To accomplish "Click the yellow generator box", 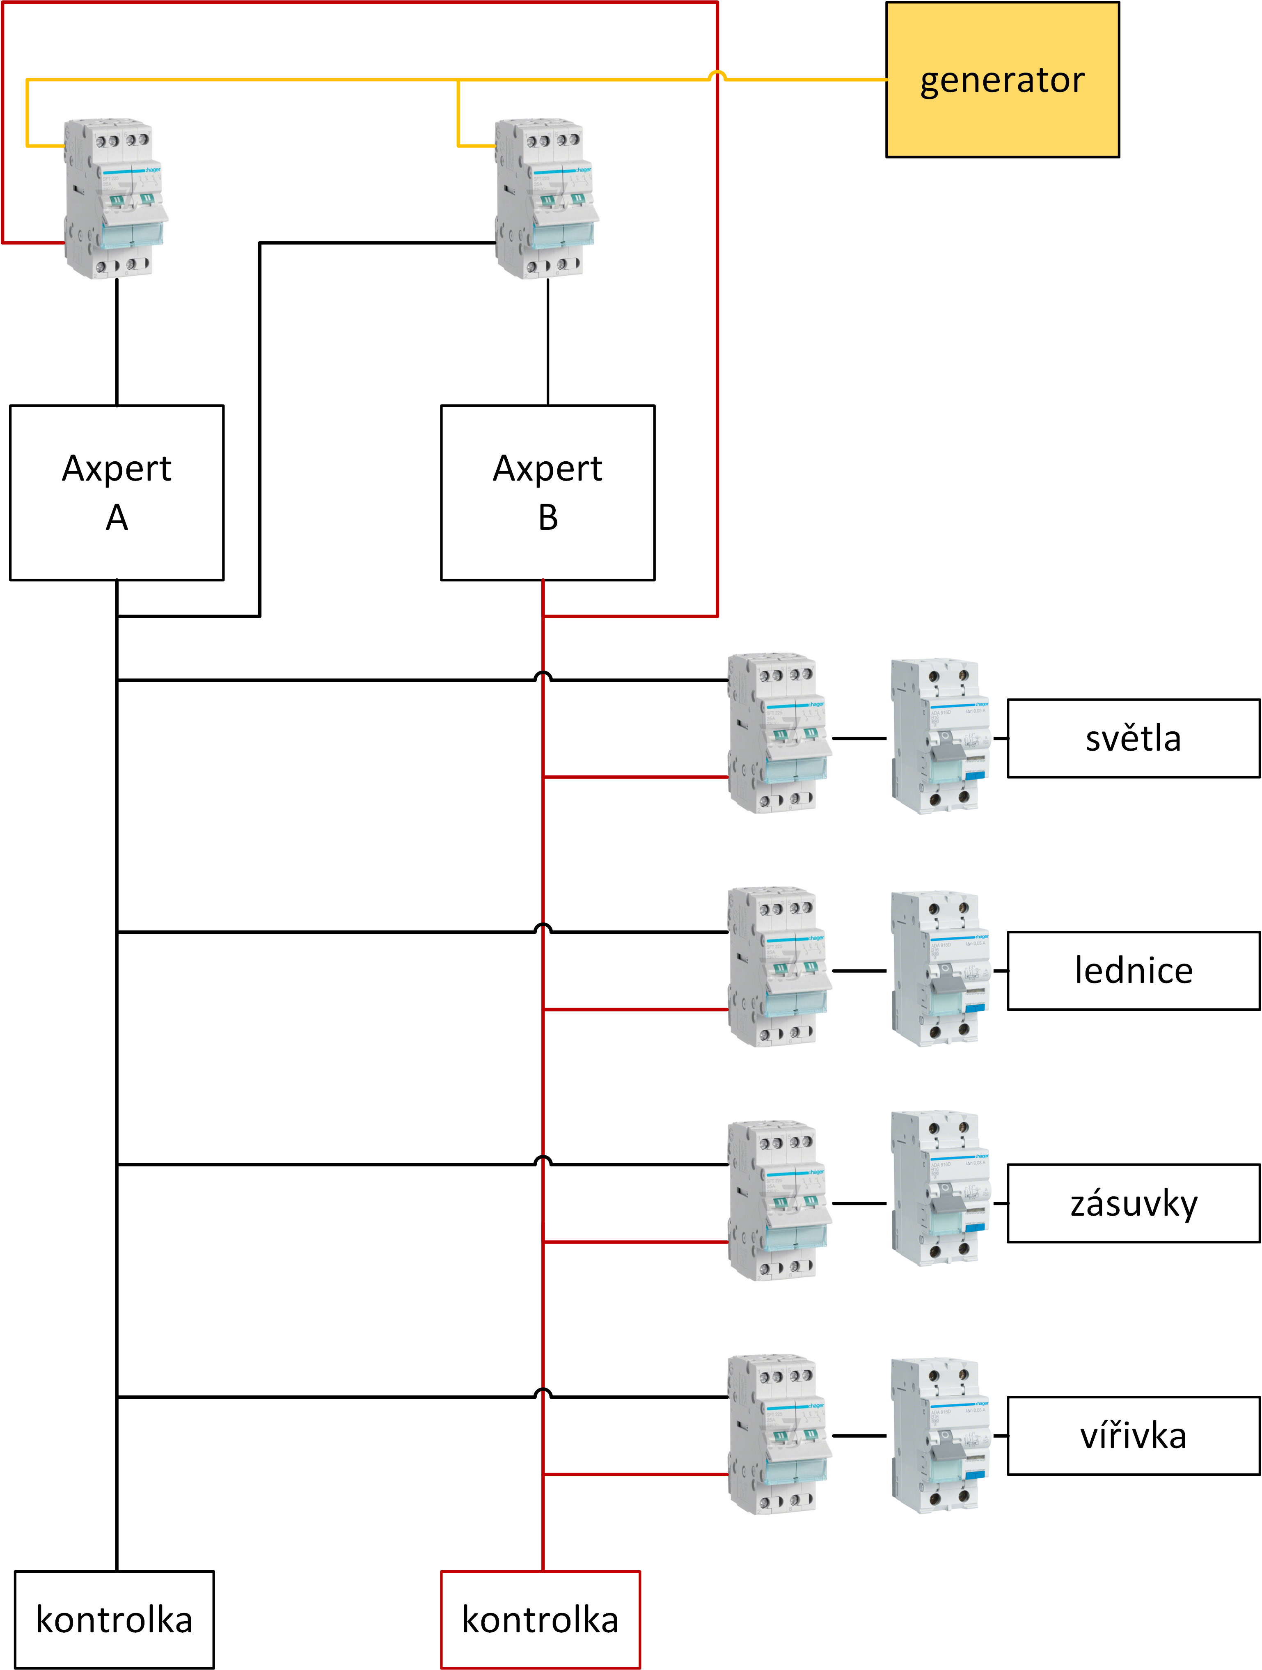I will (1002, 79).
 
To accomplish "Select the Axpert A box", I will (117, 492).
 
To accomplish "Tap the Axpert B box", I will (547, 492).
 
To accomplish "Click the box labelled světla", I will (1133, 738).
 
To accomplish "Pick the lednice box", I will (1133, 970).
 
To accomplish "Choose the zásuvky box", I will (1133, 1203).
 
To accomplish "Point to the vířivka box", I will (1133, 1435).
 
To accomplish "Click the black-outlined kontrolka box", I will (114, 1620).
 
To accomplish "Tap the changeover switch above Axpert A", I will (115, 198).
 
